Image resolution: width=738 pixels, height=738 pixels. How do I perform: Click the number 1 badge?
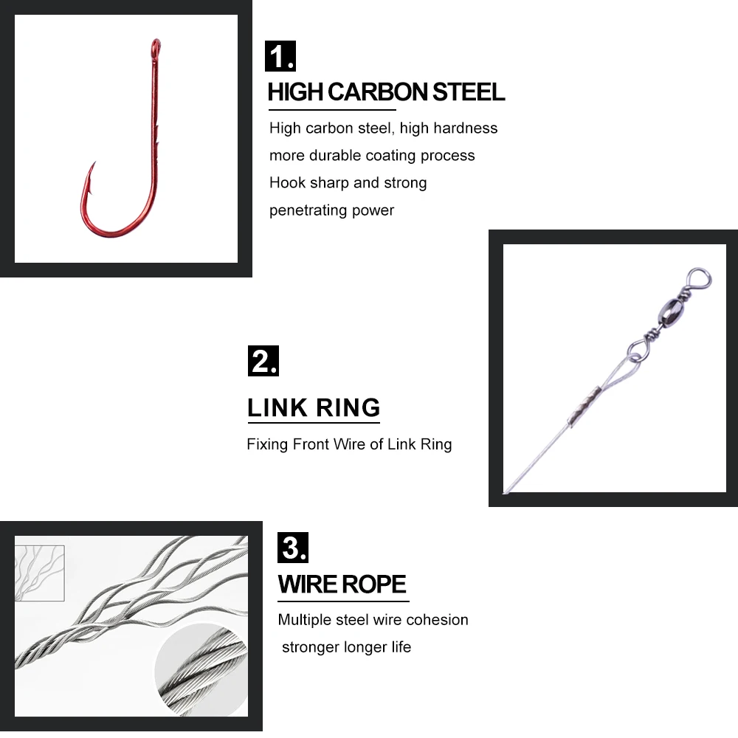[280, 56]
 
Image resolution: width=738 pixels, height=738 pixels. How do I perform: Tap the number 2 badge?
[263, 361]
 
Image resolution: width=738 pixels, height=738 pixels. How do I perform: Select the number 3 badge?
[293, 548]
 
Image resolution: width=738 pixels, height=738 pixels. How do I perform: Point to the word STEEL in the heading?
[469, 92]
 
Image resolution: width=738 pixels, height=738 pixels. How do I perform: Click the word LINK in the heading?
[277, 407]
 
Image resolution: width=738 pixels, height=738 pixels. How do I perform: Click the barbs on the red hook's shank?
[156, 137]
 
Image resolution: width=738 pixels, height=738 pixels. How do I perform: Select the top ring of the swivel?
[698, 279]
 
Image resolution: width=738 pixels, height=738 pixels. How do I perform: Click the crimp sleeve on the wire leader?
[584, 406]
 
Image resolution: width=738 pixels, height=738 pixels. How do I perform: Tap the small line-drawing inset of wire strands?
[40, 573]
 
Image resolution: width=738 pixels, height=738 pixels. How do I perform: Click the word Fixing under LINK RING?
[267, 444]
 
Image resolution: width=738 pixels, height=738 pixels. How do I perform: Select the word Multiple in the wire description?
[305, 620]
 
